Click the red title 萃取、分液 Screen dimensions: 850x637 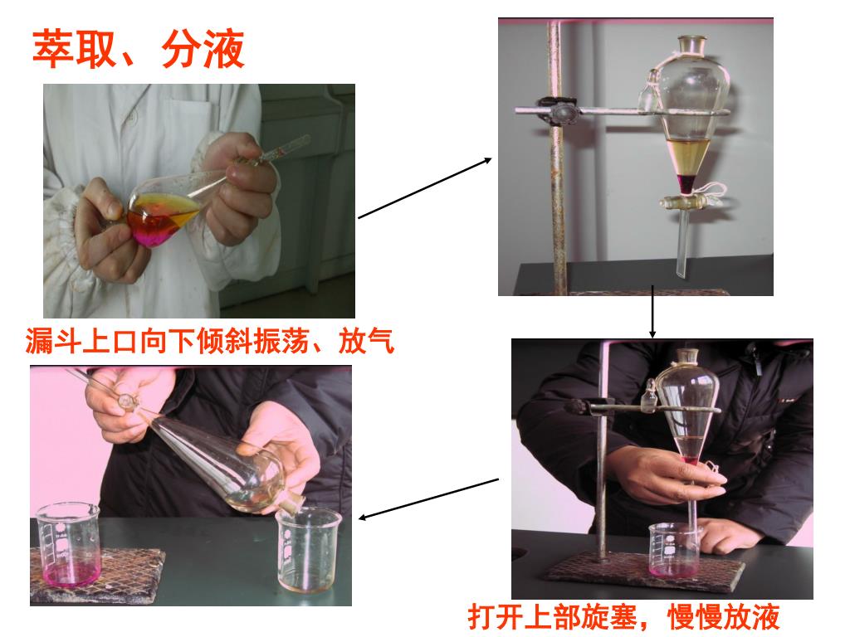[x=139, y=49]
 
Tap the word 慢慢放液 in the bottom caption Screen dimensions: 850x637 [x=724, y=616]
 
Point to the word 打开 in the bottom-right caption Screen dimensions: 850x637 [x=496, y=616]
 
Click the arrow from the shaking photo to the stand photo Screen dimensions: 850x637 [x=425, y=188]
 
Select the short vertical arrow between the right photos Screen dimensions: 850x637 [x=652, y=312]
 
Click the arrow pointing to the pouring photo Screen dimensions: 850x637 [x=429, y=498]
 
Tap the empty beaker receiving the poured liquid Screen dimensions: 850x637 [x=309, y=550]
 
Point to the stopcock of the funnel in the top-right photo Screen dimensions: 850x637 [x=685, y=202]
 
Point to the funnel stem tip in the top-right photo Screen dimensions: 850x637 [x=681, y=277]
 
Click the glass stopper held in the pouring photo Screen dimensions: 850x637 [x=127, y=401]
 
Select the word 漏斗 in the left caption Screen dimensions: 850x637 [x=52, y=341]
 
